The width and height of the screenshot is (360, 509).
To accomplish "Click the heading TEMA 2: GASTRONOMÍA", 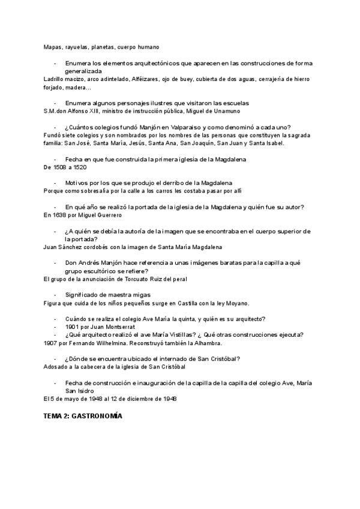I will click(x=83, y=415).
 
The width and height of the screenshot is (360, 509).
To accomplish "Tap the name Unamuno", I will click(x=224, y=111).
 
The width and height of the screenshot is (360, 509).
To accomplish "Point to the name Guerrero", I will click(x=110, y=215).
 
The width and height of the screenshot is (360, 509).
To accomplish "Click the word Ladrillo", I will click(x=56, y=79).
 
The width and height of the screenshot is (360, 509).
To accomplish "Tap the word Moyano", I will click(x=236, y=303).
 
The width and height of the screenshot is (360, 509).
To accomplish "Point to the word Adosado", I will click(x=56, y=367).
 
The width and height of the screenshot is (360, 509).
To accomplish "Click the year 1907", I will click(x=52, y=343).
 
